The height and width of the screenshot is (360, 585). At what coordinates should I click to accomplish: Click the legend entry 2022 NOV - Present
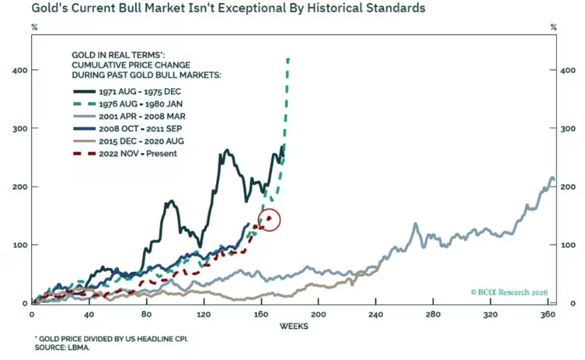(x=140, y=153)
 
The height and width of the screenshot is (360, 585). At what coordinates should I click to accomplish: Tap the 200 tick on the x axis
(x=319, y=314)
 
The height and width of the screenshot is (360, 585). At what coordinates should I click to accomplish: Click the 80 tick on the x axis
(x=147, y=314)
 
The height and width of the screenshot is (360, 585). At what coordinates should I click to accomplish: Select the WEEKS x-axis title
(x=292, y=326)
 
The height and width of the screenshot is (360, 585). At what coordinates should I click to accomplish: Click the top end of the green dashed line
(x=288, y=59)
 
